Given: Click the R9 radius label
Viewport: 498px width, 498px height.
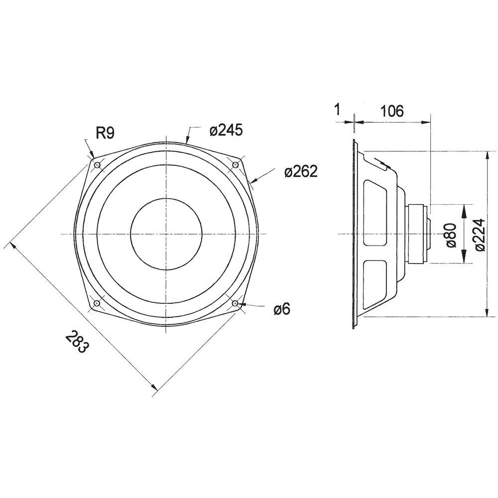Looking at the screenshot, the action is click(x=105, y=133).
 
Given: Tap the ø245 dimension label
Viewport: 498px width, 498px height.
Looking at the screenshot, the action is click(x=226, y=130).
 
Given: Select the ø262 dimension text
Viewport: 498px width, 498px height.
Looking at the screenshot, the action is click(x=301, y=171).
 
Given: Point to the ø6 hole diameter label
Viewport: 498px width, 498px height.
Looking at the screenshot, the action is click(x=282, y=309).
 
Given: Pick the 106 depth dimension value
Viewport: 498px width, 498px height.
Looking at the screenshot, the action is click(x=392, y=111).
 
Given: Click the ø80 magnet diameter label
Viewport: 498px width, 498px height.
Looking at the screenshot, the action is click(x=451, y=236).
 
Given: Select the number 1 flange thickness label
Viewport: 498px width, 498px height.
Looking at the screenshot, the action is click(x=338, y=110).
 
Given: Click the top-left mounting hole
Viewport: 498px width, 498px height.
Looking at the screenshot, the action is click(x=97, y=165).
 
